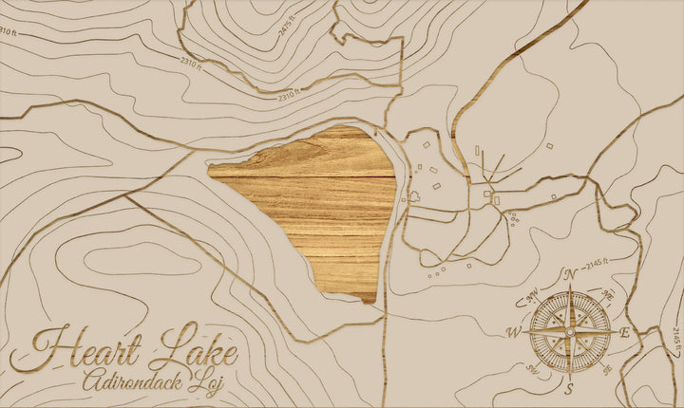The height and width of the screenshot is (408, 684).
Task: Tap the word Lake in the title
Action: tap(196, 348)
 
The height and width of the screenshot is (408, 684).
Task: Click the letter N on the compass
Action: tap(571, 275)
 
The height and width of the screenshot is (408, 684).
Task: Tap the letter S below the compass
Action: tap(569, 389)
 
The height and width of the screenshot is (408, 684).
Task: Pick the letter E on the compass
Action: tap(624, 332)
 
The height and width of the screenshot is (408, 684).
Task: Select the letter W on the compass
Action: tap(514, 332)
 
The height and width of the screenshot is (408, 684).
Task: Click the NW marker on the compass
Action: tap(533, 294)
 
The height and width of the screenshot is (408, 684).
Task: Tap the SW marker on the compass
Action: tap(532, 369)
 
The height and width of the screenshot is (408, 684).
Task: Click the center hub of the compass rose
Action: tap(570, 331)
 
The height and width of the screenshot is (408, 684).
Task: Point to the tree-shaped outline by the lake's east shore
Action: tap(415, 197)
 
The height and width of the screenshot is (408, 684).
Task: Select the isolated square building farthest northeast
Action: tap(549, 146)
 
